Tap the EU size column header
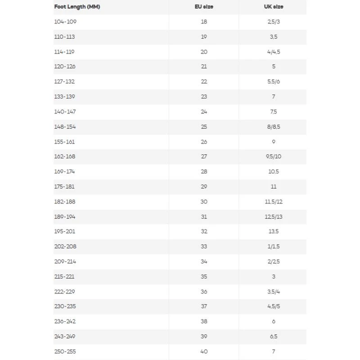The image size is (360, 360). click(204, 7)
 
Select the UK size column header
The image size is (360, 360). click(274, 7)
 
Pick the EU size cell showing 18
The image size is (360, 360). click(204, 22)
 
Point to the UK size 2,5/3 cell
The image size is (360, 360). click(274, 22)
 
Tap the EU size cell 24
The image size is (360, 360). click(204, 112)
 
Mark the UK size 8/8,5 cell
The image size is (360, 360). click(274, 126)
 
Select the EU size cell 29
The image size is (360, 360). click(204, 186)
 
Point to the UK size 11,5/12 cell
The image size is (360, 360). click(274, 202)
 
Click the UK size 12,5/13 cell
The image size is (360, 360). click(274, 216)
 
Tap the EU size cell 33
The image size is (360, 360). click(204, 247)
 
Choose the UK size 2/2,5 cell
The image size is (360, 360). click(274, 261)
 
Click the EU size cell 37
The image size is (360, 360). click(204, 306)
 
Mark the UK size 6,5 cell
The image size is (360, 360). click(274, 337)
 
